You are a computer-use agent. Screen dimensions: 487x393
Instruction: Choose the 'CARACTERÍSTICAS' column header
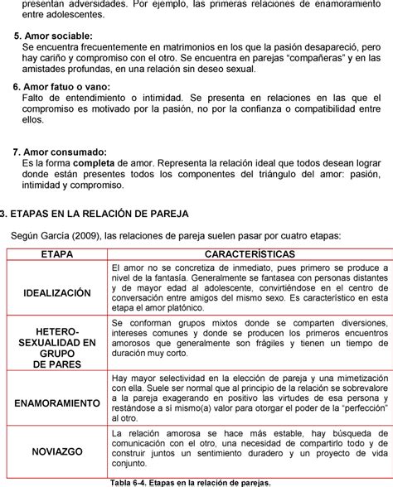(x=249, y=252)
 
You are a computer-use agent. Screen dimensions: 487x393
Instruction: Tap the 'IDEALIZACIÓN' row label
(x=57, y=293)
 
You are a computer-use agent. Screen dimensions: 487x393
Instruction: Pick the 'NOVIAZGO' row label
(x=57, y=453)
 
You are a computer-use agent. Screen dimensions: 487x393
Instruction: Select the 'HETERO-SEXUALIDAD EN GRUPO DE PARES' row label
(x=57, y=348)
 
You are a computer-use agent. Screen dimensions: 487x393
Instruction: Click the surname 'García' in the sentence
(x=56, y=236)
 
